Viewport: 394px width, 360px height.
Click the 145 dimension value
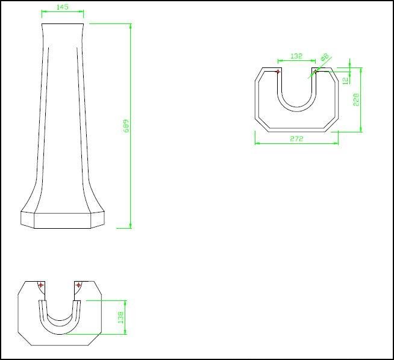tap(61, 7)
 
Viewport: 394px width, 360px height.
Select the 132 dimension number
tap(296, 56)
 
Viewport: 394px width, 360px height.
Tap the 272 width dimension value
tap(296, 138)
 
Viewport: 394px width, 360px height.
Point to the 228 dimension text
tap(356, 99)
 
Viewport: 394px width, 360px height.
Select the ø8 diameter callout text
tap(325, 57)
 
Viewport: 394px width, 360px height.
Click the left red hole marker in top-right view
tap(278, 72)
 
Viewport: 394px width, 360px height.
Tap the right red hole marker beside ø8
tap(314, 72)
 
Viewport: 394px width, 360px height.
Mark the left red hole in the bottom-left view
tap(41, 285)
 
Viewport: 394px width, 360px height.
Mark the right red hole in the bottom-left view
tap(78, 285)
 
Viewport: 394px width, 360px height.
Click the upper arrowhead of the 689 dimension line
tap(130, 26)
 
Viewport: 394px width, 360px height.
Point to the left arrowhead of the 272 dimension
tap(257, 143)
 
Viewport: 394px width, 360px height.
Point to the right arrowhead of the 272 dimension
tap(337, 143)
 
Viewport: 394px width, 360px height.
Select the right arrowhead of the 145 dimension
tap(82, 11)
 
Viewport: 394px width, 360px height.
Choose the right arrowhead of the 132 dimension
tap(314, 60)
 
